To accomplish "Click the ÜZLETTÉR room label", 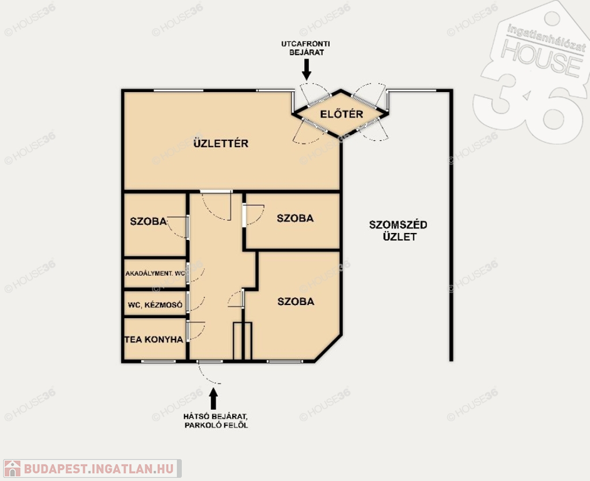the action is [221, 143].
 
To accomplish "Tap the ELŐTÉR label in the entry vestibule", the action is [341, 114].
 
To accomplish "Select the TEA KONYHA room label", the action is [154, 339].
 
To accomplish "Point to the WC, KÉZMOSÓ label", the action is [155, 305].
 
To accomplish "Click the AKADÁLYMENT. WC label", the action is [155, 274].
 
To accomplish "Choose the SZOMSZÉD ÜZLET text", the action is [398, 230].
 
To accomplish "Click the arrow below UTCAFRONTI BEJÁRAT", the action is [307, 69].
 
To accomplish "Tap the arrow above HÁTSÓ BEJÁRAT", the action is [213, 399].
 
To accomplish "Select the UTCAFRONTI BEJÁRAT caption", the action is [305, 48].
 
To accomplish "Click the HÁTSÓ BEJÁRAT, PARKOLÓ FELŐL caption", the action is [216, 421].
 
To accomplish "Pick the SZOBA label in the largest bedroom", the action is [296, 301].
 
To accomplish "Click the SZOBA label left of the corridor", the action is [148, 221].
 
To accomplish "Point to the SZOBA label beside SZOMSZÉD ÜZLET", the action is [295, 218].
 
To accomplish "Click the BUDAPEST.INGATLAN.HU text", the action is [99, 468].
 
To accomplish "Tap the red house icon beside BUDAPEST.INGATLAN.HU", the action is [13, 468].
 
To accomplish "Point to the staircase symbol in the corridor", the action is [242, 341].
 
